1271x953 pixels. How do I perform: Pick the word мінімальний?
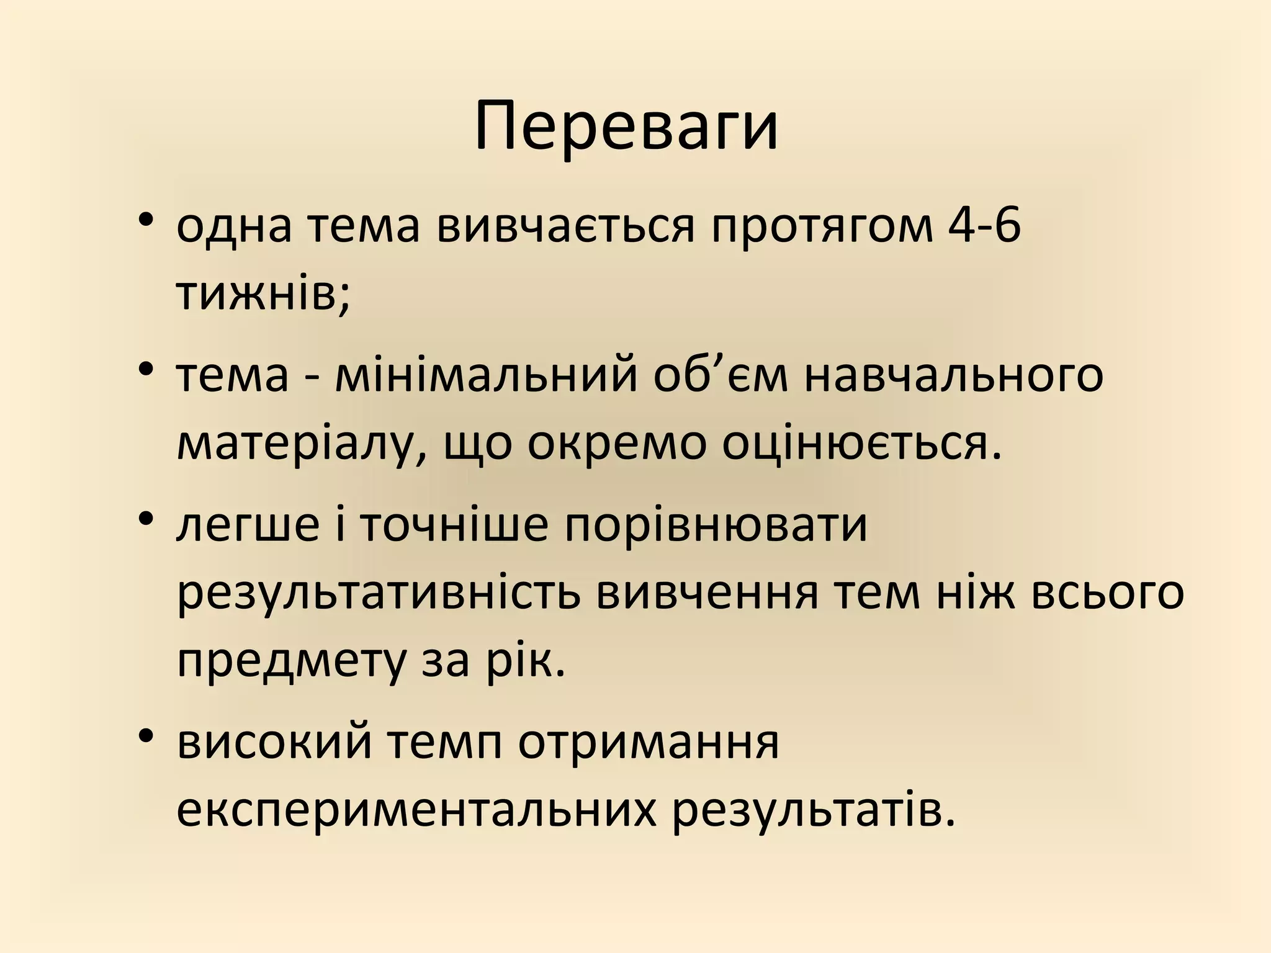tap(486, 376)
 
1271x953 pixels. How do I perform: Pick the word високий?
tap(274, 743)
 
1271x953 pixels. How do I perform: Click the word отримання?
tap(649, 743)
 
